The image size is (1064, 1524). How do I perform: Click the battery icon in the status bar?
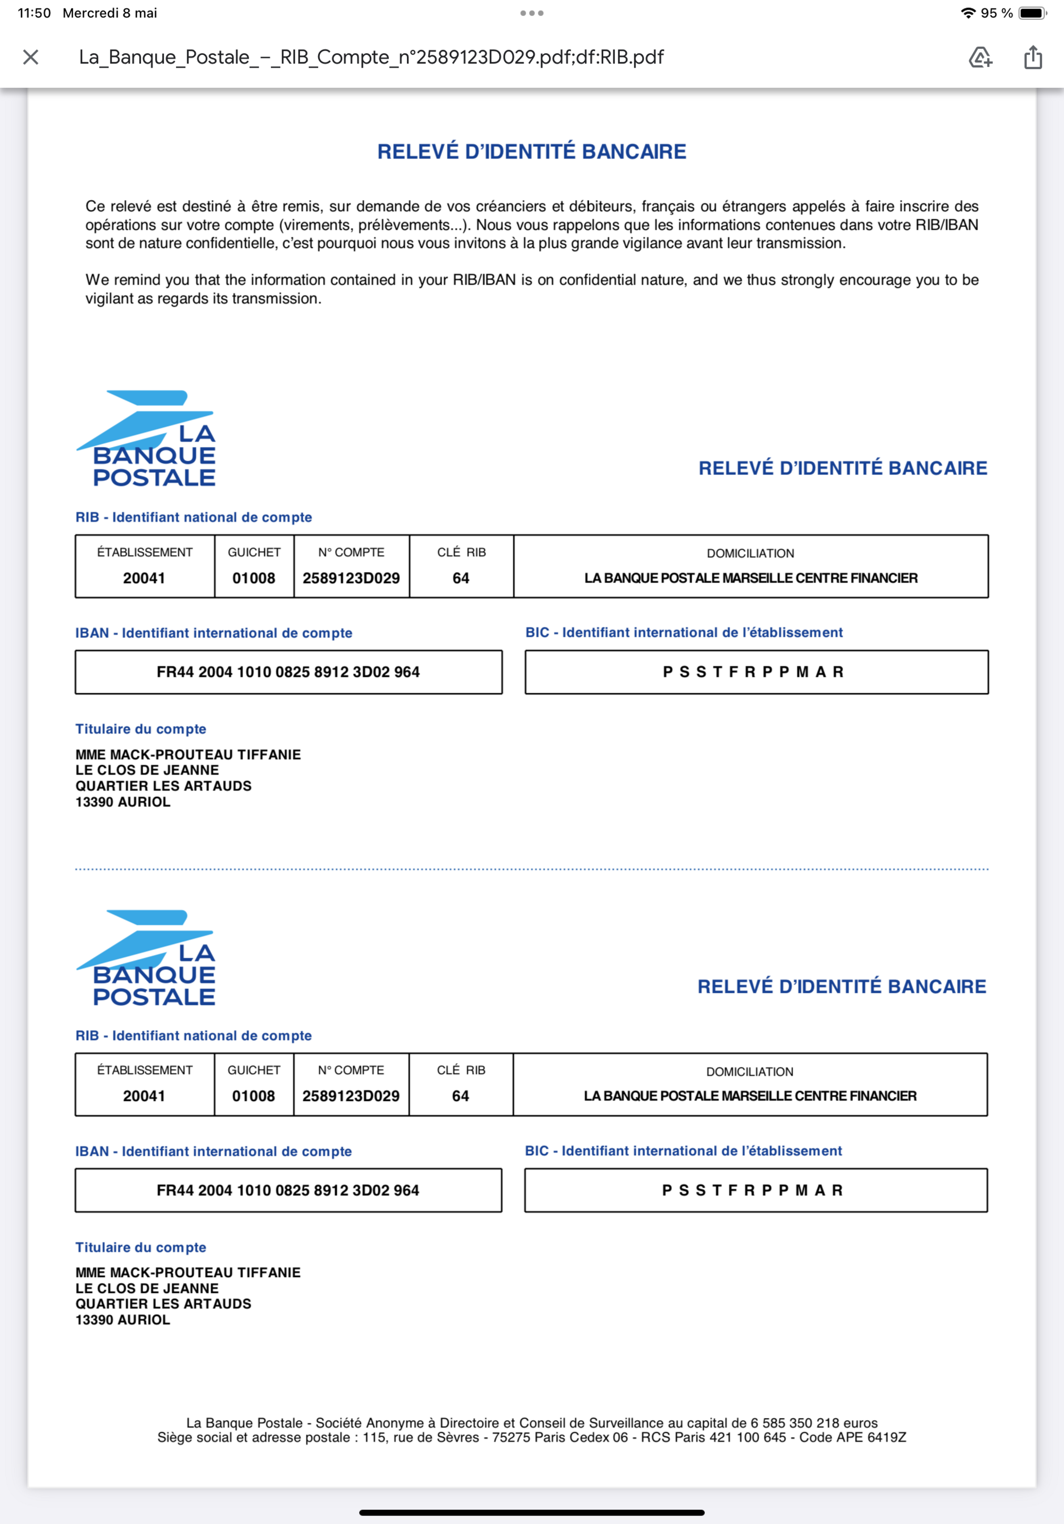tap(1032, 13)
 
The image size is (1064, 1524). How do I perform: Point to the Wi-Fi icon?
tap(968, 13)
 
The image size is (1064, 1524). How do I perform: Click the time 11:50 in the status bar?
tap(35, 13)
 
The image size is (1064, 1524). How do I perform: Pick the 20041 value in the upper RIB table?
tap(144, 578)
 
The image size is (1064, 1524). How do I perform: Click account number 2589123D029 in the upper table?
tap(351, 578)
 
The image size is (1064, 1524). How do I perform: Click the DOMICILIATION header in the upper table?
tap(750, 553)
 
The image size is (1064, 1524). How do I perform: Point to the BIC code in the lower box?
tap(753, 1190)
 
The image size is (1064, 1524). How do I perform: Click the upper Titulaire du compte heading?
tap(141, 729)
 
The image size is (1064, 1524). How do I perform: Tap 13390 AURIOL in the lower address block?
tap(123, 1320)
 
